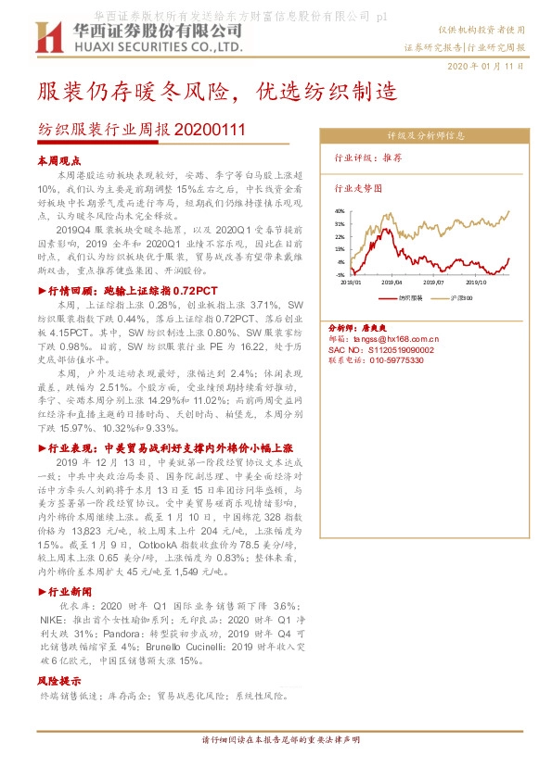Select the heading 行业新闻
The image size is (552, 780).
(x=68, y=590)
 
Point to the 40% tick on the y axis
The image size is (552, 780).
(x=340, y=211)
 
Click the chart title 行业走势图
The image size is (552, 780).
(x=357, y=187)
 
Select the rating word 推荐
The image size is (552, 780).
(x=392, y=158)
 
